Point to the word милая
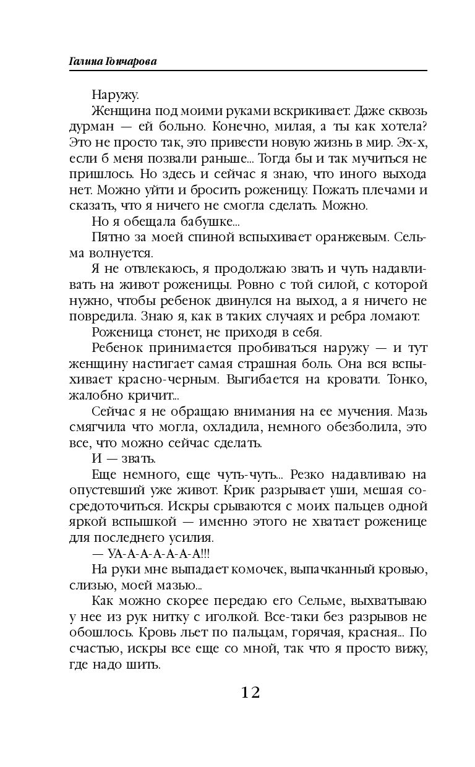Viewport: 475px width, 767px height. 307,127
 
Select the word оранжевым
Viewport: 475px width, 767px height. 344,238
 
